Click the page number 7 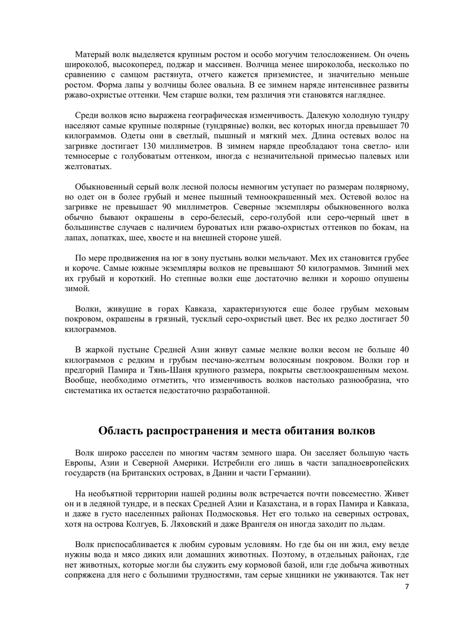407,587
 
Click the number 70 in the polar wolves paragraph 404,126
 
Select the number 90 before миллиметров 170,207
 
